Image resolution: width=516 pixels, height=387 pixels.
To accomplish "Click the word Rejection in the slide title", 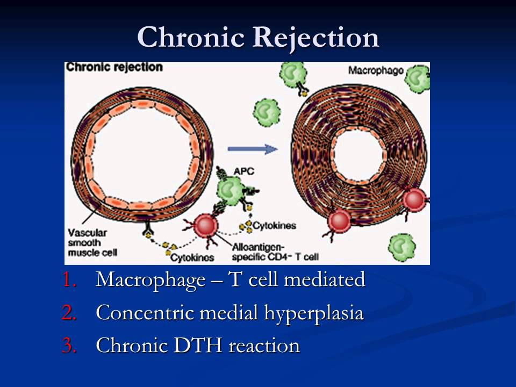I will (316, 37).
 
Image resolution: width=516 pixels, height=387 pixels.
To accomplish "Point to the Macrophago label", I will (375, 70).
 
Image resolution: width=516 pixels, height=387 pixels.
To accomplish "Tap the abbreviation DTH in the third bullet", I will (200, 346).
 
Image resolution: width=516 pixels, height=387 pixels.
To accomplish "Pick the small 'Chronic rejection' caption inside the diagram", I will (114, 67).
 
